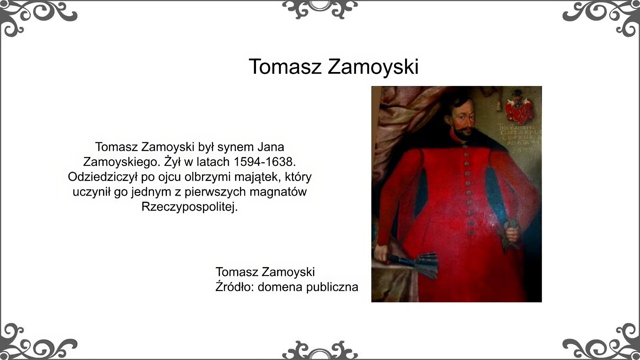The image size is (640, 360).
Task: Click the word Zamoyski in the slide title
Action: click(373, 67)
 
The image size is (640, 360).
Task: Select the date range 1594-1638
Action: click(265, 162)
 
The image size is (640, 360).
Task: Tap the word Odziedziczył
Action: click(102, 177)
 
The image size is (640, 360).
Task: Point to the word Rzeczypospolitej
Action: click(189, 207)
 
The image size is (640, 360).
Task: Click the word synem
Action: click(239, 147)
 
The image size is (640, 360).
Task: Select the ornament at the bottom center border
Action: click(320, 350)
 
